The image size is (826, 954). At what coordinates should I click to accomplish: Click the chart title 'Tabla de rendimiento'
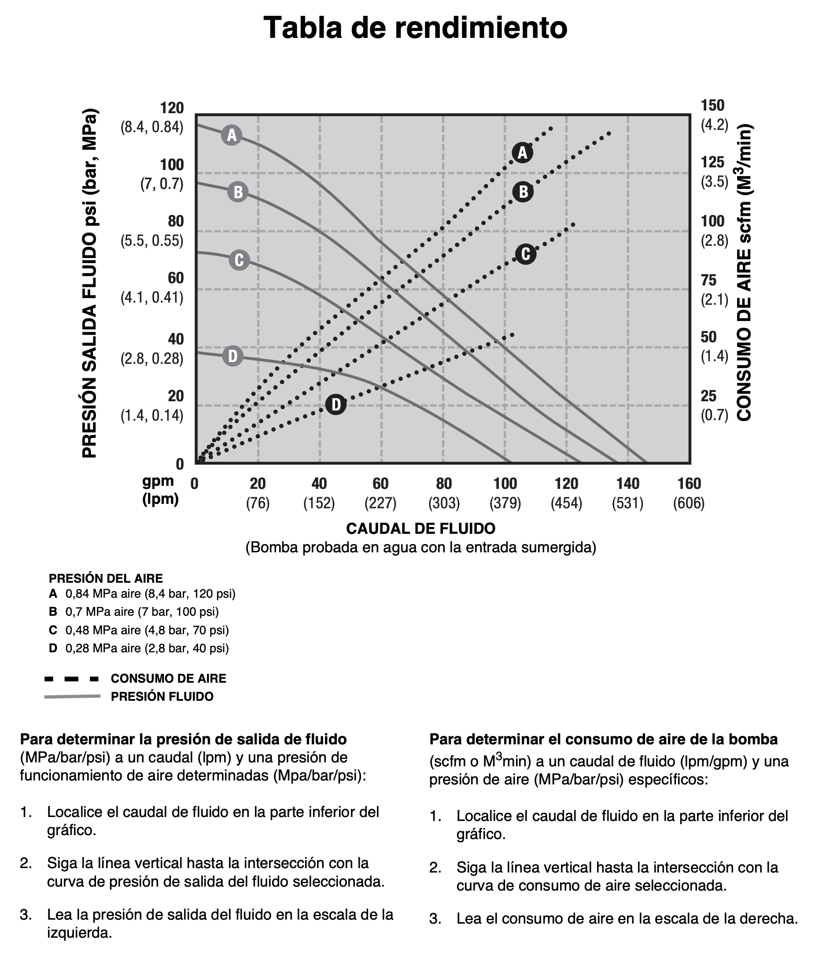[x=415, y=28]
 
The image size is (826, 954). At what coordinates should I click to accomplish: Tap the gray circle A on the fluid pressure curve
[x=232, y=135]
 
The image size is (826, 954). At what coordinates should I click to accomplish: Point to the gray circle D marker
[x=233, y=356]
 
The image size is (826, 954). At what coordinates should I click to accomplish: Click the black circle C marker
[x=525, y=254]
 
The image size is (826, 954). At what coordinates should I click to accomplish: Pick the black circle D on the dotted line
[x=336, y=404]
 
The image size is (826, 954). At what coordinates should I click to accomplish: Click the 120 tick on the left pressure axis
[x=171, y=108]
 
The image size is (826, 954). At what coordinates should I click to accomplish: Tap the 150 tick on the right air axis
[x=712, y=106]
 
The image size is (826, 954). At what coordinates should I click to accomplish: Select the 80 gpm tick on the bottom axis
[x=444, y=484]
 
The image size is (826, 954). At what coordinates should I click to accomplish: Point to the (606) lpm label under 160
[x=689, y=503]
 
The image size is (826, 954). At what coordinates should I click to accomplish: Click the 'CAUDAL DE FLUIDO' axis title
[x=420, y=529]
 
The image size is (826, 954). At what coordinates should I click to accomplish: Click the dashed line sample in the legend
[x=72, y=679]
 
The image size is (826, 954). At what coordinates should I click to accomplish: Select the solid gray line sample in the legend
[x=72, y=696]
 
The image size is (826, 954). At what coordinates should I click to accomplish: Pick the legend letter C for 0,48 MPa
[x=53, y=630]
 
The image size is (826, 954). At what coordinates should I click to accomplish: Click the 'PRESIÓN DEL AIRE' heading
[x=106, y=578]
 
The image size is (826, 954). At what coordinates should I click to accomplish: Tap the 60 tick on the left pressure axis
[x=175, y=278]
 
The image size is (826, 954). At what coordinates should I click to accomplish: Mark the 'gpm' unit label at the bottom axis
[x=158, y=481]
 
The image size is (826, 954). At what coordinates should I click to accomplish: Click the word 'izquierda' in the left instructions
[x=79, y=933]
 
